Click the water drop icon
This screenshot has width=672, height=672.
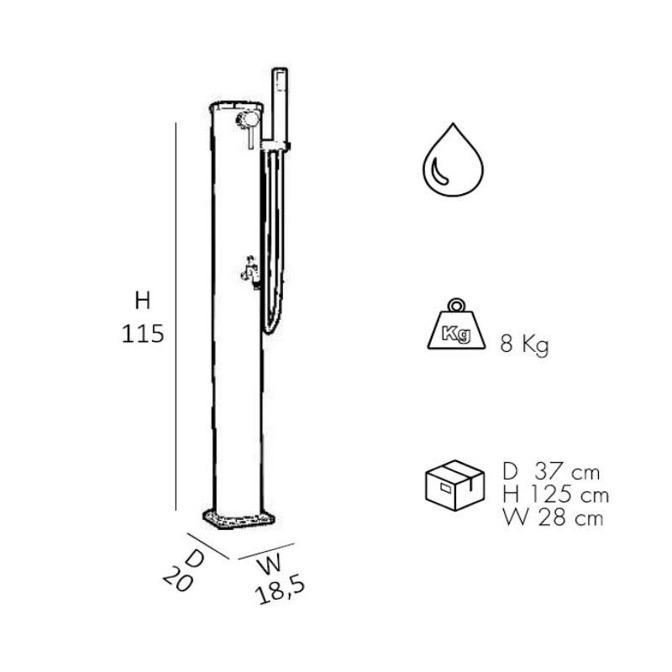tap(453, 160)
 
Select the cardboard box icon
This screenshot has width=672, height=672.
tap(454, 486)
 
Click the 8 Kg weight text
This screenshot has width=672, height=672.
tap(524, 344)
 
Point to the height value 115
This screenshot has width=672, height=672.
tap(143, 333)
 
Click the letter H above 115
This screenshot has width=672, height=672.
tap(143, 301)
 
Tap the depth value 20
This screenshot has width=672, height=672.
tap(178, 579)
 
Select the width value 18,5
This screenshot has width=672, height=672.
tap(280, 591)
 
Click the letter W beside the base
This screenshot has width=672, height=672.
tap(270, 564)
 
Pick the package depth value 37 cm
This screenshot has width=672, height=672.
tap(567, 472)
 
